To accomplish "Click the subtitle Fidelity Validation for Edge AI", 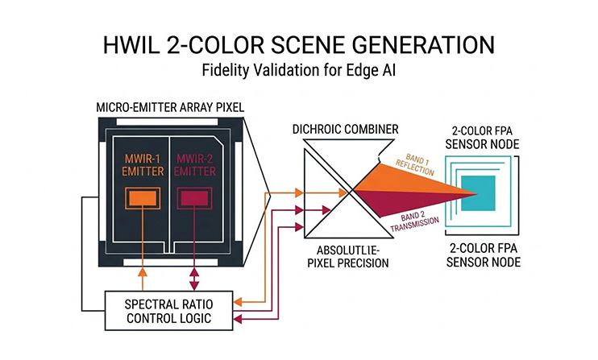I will click(x=298, y=71).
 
